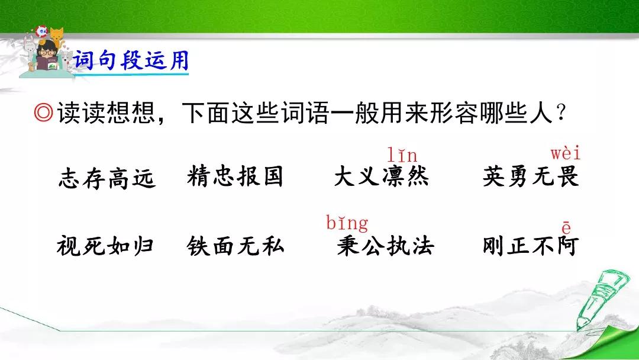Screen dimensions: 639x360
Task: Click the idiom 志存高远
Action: pyautogui.click(x=106, y=179)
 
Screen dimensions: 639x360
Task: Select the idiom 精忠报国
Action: pyautogui.click(x=235, y=176)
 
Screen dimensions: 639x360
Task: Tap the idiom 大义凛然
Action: pyautogui.click(x=382, y=176)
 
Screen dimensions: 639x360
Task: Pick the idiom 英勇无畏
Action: pyautogui.click(x=531, y=176)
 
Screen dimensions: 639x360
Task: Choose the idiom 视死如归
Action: pyautogui.click(x=105, y=246)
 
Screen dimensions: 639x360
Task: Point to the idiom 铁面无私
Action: pyautogui.click(x=235, y=246)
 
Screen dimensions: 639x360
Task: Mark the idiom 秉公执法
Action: pyautogui.click(x=385, y=246)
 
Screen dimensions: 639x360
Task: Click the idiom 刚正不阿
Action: pyautogui.click(x=531, y=246)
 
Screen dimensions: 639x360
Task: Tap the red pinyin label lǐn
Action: pyautogui.click(x=402, y=155)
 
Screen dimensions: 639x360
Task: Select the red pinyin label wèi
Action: pyautogui.click(x=565, y=153)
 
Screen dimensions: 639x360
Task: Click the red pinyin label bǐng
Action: pyautogui.click(x=347, y=223)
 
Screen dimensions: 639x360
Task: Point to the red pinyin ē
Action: pyautogui.click(x=566, y=227)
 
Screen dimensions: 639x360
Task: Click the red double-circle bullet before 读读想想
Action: pyautogui.click(x=44, y=112)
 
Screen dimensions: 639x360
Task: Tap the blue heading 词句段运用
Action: pyautogui.click(x=131, y=61)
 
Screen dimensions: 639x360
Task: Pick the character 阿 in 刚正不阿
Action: pyautogui.click(x=567, y=246)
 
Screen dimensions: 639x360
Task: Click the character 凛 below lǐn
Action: pyautogui.click(x=393, y=176)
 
